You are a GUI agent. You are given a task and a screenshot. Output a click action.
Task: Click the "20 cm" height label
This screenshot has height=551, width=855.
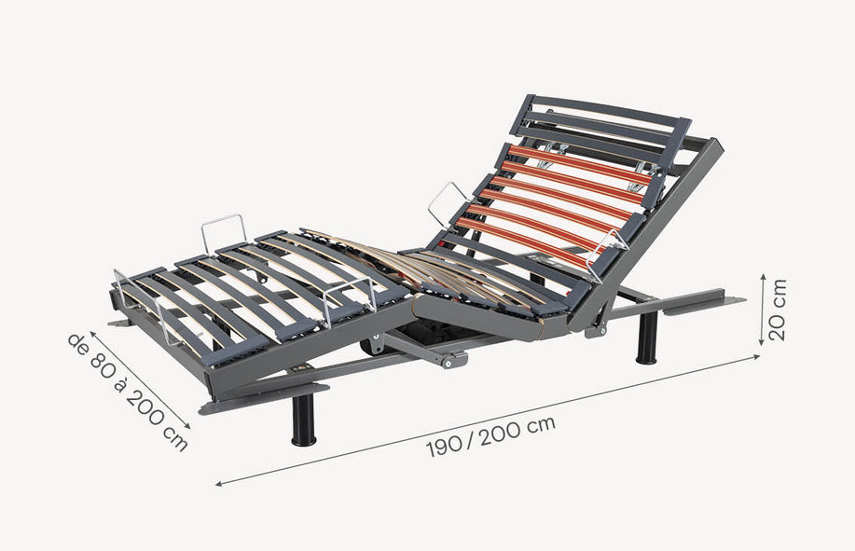pos(778,310)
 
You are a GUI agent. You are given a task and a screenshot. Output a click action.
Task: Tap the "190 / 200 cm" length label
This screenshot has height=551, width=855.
pos(490,436)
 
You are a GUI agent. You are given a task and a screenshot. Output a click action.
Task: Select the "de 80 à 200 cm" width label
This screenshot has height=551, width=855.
pos(128,392)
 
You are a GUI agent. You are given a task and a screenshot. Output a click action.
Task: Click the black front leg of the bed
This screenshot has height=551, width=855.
pos(303,419)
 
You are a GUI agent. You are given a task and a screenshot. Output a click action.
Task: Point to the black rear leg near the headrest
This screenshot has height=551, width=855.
pos(647,338)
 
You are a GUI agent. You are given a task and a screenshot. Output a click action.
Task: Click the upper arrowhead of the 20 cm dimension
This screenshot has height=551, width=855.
pos(764,277)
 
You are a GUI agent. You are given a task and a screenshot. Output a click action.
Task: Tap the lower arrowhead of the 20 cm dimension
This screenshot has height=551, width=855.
pos(763,342)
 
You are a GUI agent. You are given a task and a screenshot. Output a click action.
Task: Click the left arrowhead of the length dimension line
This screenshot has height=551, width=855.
pos(219,483)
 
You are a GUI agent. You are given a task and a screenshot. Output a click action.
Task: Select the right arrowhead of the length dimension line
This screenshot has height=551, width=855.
pos(756,356)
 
